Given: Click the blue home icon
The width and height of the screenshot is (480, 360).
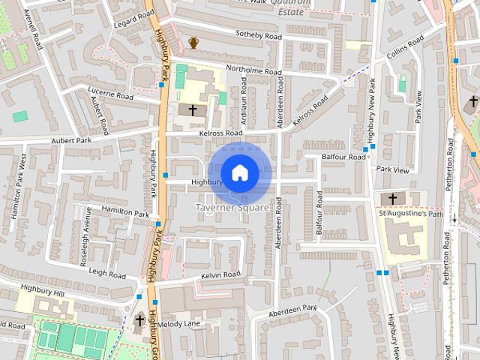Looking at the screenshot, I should (239, 172).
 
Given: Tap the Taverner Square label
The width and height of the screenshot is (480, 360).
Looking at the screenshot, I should (232, 207).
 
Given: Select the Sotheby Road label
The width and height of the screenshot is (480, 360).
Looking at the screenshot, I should (258, 35).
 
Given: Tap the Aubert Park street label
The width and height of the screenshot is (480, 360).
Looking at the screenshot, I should (70, 140).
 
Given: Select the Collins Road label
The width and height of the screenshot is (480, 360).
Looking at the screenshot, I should (406, 47).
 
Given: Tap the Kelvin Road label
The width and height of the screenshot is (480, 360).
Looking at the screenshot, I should (220, 275).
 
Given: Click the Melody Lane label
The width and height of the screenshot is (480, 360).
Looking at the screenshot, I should (179, 324).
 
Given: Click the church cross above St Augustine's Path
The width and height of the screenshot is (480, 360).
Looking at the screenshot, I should (393, 199).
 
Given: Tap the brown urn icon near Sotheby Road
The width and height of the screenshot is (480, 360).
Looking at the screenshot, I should (193, 43).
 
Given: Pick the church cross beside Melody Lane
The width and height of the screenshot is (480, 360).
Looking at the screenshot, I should (139, 322).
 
